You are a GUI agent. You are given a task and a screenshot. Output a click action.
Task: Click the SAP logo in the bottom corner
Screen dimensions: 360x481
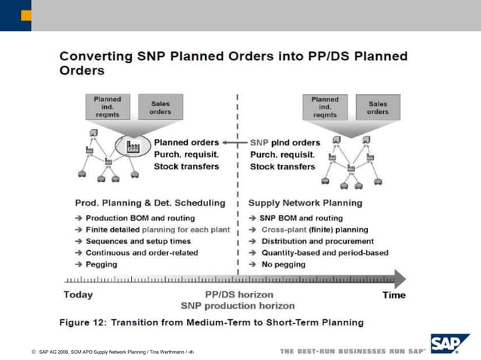pos(449,345)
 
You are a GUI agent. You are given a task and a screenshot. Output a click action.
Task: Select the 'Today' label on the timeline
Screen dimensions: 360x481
pos(79,294)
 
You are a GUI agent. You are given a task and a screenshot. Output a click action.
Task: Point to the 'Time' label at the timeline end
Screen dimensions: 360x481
pos(394,294)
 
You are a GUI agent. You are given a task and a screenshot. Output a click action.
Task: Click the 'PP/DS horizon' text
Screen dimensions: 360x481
pos(239,294)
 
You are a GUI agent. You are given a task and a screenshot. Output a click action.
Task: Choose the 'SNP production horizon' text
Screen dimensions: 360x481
pos(237,306)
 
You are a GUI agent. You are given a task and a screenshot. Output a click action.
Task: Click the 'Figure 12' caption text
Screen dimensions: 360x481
pos(212,322)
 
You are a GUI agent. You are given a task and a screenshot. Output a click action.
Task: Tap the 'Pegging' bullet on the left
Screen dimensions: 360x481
pos(101,264)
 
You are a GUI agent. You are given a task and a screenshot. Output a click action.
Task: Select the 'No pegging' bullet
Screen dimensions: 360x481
pos(283,264)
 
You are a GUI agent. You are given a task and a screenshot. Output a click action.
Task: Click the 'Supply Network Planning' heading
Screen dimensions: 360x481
pos(305,203)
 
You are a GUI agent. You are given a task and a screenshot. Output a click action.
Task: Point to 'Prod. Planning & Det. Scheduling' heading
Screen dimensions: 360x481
pos(150,203)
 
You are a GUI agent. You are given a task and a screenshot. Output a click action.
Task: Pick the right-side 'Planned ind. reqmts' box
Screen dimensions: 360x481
pos(325,107)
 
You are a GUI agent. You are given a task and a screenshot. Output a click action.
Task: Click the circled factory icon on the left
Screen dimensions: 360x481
pos(133,146)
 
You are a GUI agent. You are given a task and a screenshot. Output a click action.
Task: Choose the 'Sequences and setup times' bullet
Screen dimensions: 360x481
pos(139,241)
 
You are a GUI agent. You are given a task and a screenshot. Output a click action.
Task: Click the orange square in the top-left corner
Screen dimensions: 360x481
pos(26,15)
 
